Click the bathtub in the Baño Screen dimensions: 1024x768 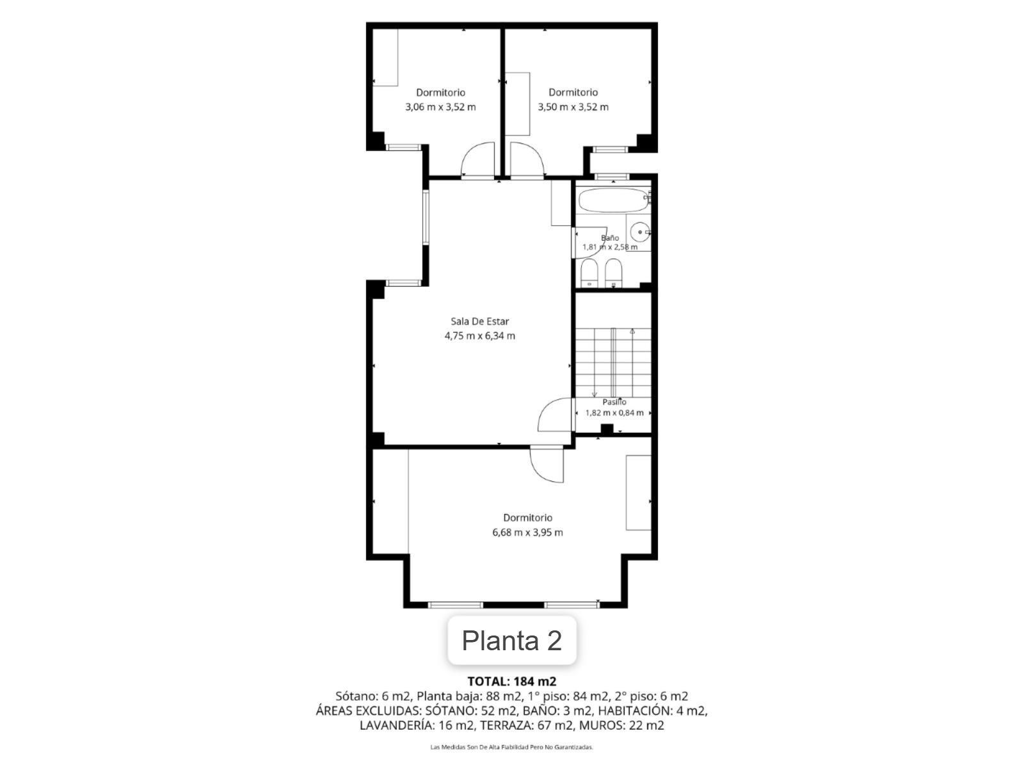click(613, 200)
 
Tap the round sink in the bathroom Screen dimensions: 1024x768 click(640, 232)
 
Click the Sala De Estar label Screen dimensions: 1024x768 click(479, 321)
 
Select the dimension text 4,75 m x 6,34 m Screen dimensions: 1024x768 click(479, 336)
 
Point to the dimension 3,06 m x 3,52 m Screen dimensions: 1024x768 click(440, 107)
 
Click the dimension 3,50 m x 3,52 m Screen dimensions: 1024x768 click(573, 107)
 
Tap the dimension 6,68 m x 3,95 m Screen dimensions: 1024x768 click(527, 532)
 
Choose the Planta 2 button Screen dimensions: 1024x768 click(512, 640)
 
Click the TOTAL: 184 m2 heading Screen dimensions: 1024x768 click(512, 681)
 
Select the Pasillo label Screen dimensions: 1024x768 click(614, 401)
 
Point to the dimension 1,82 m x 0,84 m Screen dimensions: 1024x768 click(614, 413)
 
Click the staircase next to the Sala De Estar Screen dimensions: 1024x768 click(613, 362)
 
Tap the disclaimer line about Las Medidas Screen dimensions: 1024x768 click(511, 747)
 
